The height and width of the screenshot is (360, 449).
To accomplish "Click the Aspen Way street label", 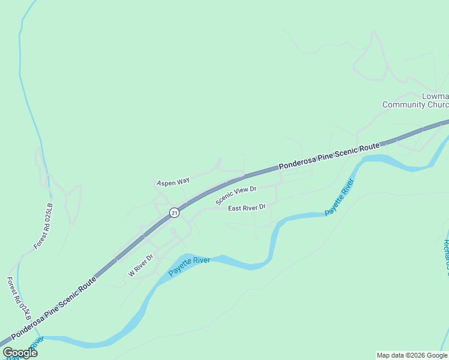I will pos(173,181).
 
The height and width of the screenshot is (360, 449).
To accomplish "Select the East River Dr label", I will pos(247,208).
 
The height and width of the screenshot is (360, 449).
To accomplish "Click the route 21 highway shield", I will pos(173,212).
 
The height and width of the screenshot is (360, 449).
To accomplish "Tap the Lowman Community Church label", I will pos(416,100).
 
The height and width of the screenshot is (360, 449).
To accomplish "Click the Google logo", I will pos(20,353).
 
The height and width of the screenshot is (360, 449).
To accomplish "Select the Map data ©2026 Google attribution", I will pos(412,355).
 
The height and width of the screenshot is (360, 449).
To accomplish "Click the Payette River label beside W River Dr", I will pos(189,266).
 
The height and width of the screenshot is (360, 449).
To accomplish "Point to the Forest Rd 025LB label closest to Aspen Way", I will pos(44,226).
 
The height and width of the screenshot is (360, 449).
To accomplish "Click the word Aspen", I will pos(166,182).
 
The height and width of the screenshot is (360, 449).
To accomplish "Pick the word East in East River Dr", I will pos(235,208).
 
